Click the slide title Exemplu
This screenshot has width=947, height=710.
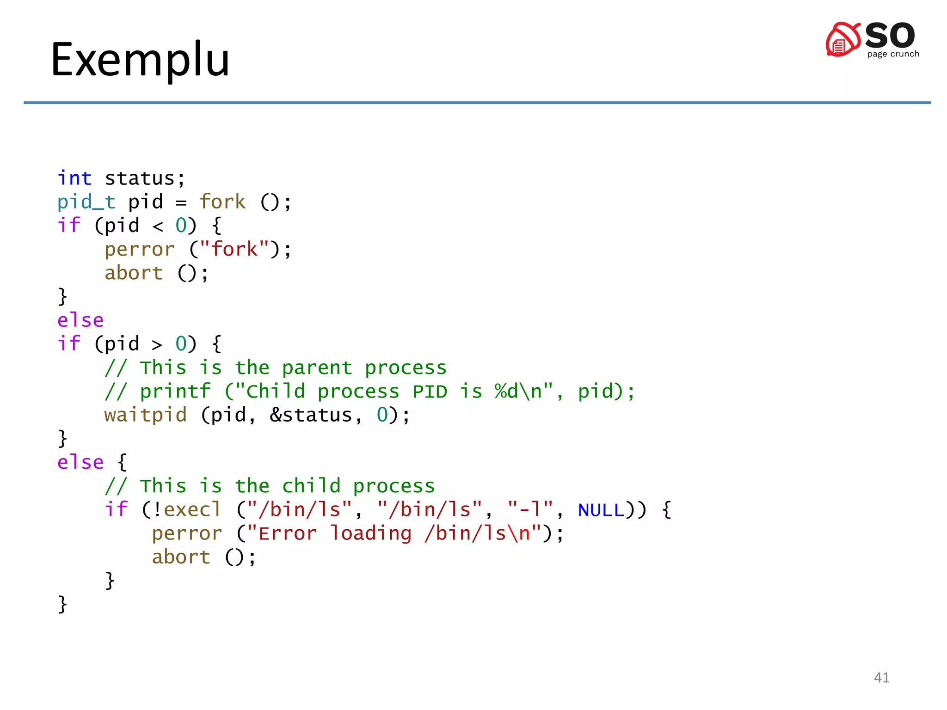coord(140,60)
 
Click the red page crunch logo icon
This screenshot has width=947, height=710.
coord(843,39)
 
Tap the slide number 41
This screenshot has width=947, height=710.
coord(881,678)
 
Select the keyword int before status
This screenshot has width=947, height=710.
coord(74,178)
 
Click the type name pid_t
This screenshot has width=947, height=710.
coord(86,202)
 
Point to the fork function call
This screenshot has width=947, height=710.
coord(222,202)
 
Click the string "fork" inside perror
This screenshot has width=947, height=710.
coord(234,249)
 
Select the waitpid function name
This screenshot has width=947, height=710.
coord(146,415)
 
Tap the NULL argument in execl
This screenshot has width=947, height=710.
coord(601,510)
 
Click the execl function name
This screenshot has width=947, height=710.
coord(192,509)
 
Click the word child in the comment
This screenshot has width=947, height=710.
coord(311,486)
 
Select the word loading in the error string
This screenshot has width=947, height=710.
coord(370,534)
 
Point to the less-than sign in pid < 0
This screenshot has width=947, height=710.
coord(158,226)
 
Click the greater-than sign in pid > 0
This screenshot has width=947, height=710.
coord(158,344)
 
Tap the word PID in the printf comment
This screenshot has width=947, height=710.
coord(430,392)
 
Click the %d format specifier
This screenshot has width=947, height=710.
coord(506,391)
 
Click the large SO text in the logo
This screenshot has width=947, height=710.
coord(890,35)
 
